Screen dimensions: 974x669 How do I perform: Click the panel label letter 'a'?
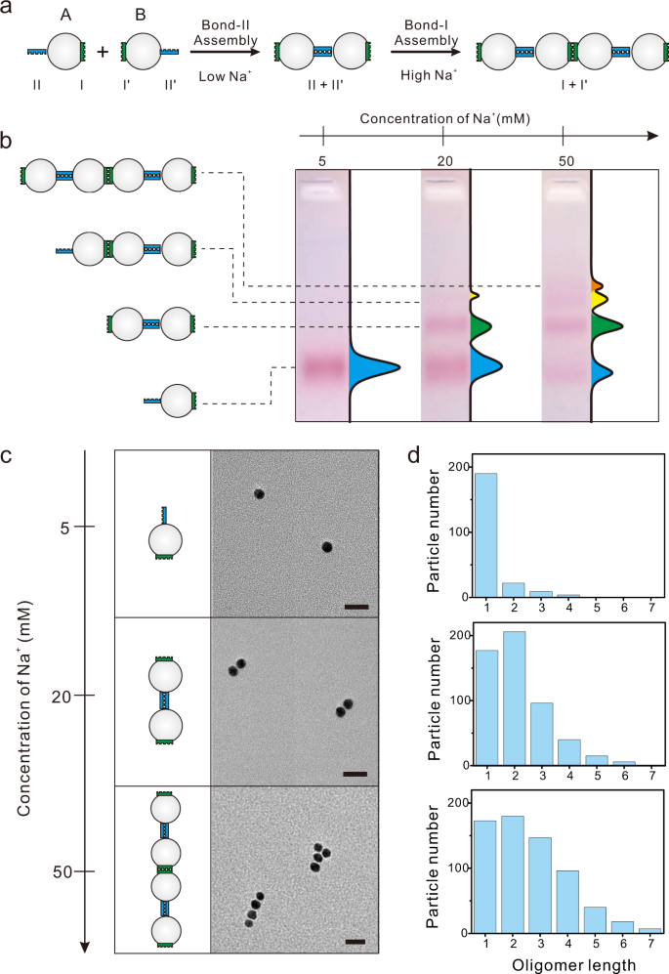[8, 10]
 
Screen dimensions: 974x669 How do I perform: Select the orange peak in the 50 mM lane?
[597, 284]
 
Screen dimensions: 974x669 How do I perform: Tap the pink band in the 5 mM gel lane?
[321, 367]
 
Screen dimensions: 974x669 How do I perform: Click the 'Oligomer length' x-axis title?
[567, 962]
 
